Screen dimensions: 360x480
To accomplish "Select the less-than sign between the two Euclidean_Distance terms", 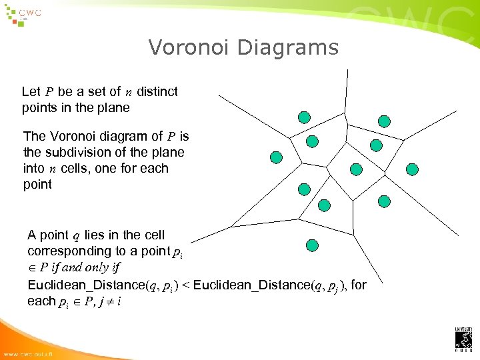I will point(186,285).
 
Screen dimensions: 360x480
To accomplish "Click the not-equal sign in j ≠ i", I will point(107,301).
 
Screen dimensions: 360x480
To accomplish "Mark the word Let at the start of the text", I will point(31,91).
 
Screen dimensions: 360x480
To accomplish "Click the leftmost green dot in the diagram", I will point(277,157).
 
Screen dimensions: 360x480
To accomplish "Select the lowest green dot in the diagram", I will point(311,245).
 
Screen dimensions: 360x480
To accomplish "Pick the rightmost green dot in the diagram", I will point(413,169).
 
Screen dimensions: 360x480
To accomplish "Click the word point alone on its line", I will point(37,184).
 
